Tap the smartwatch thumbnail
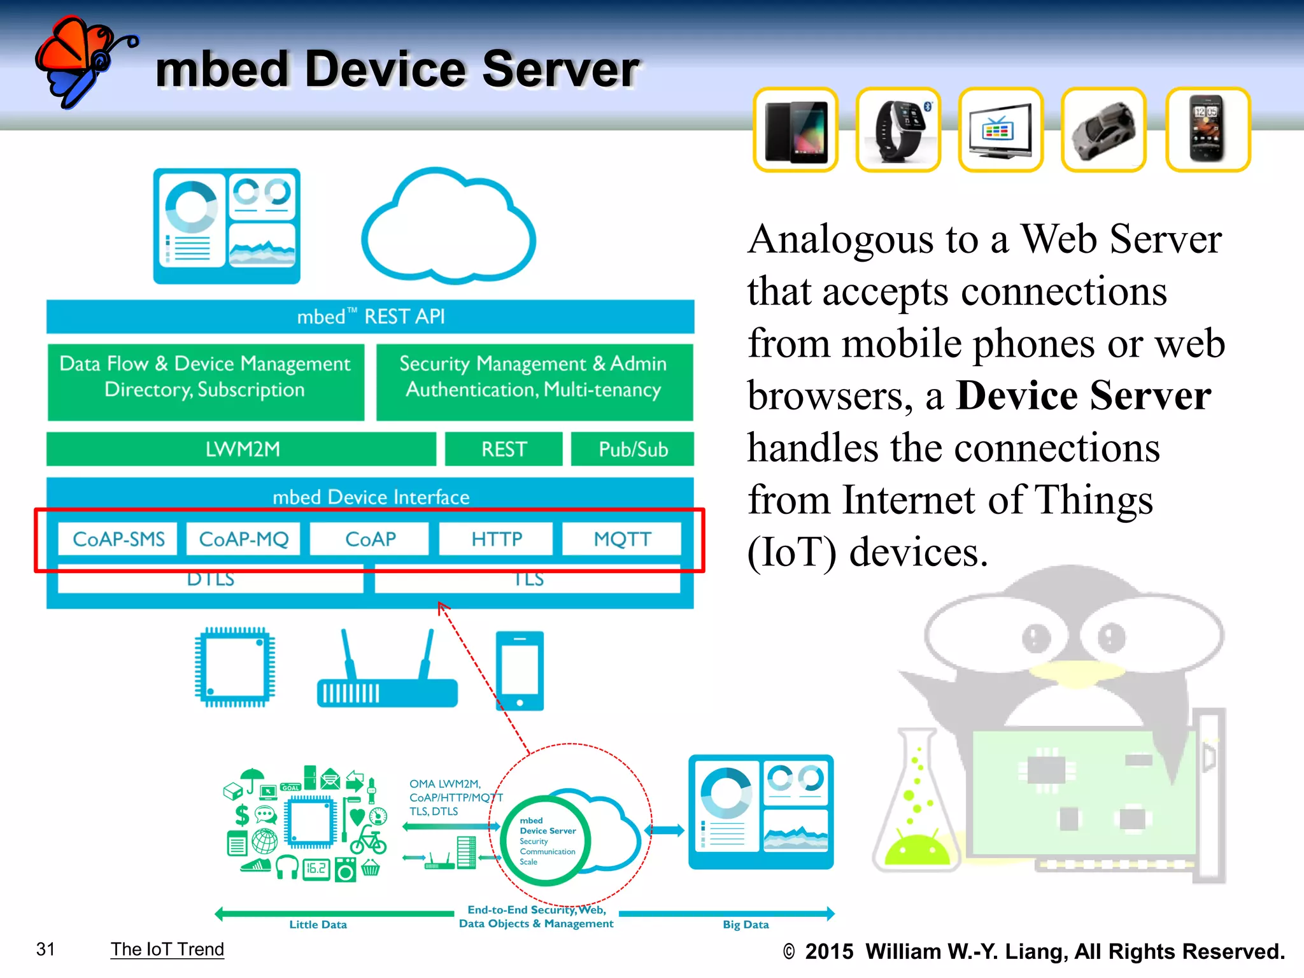tap(898, 130)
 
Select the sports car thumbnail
tap(1103, 130)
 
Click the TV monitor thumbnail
tap(1000, 130)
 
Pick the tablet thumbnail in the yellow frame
tap(795, 130)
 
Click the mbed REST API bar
tap(371, 316)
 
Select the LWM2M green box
tap(242, 450)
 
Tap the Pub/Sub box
tap(632, 450)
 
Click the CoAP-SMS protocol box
tap(118, 539)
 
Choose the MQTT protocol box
tap(622, 539)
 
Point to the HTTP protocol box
tap(497, 539)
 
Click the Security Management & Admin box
tap(534, 377)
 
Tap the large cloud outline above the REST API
tap(449, 229)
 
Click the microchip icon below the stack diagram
tap(235, 667)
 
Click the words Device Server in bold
tap(1083, 395)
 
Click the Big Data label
tap(746, 925)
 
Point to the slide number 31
tap(46, 949)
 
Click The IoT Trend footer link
tap(167, 949)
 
